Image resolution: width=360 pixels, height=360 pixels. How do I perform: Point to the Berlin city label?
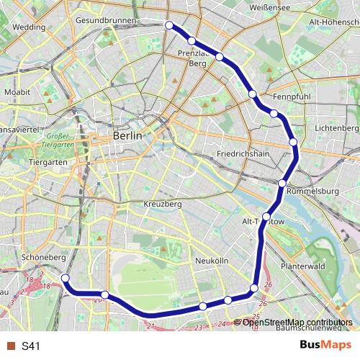click(x=128, y=136)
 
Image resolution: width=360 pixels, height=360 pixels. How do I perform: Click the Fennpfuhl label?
click(x=290, y=96)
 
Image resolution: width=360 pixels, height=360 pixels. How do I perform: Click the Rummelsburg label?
click(x=312, y=192)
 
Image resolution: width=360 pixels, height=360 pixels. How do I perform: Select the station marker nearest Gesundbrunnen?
click(x=169, y=26)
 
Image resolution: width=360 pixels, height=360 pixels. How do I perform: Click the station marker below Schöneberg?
click(x=65, y=278)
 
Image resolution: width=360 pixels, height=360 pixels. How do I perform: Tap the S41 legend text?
click(x=30, y=346)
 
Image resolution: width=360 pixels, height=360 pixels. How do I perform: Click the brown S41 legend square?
click(x=11, y=346)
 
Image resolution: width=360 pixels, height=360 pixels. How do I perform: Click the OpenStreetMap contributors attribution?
click(x=297, y=322)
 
